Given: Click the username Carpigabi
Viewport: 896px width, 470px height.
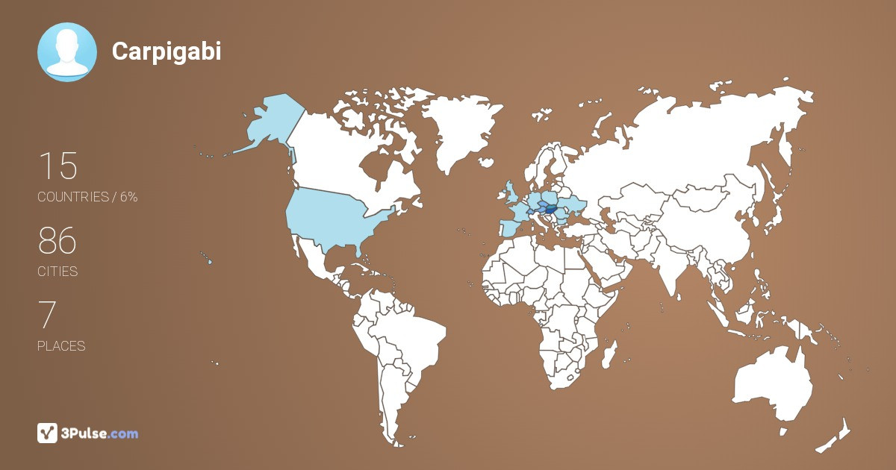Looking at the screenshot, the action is point(167,51).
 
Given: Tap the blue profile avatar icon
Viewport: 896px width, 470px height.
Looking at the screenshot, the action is point(67,52).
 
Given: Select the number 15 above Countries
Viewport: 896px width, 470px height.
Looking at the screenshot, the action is point(57,166).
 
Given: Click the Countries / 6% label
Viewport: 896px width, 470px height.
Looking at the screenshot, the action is point(87,197).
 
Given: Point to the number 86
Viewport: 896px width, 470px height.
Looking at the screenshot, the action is point(57,241).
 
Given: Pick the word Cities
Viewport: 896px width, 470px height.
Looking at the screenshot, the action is point(57,272).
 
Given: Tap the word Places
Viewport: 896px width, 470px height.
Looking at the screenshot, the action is point(61,346).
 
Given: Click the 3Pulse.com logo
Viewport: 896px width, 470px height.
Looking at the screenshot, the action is point(88,433).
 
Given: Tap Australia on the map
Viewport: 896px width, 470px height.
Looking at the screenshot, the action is point(773,384).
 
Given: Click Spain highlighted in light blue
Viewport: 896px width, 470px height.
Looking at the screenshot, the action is point(509,228).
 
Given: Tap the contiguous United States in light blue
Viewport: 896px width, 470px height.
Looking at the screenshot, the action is point(332,216).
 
